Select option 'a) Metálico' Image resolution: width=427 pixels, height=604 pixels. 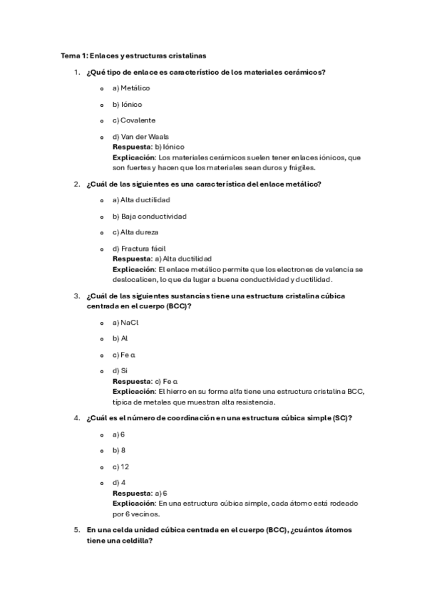tap(131, 88)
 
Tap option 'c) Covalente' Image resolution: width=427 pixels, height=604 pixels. tap(134, 120)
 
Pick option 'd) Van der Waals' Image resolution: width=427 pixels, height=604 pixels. tap(140, 136)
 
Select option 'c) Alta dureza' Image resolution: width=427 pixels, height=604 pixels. tap(135, 232)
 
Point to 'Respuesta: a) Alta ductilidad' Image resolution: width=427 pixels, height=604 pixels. tap(162, 259)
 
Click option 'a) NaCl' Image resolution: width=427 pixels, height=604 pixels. tap(125, 323)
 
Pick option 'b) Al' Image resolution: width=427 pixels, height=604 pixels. tap(120, 338)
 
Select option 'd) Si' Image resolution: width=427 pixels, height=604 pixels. tap(120, 370)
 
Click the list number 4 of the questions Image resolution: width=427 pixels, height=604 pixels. tap(76, 418)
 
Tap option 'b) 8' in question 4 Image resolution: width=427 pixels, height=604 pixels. tap(119, 450)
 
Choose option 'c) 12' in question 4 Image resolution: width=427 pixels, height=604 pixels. tap(120, 467)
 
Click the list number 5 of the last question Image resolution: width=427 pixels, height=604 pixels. tap(76, 530)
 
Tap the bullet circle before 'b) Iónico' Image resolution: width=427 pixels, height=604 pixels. tap(103, 105)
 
